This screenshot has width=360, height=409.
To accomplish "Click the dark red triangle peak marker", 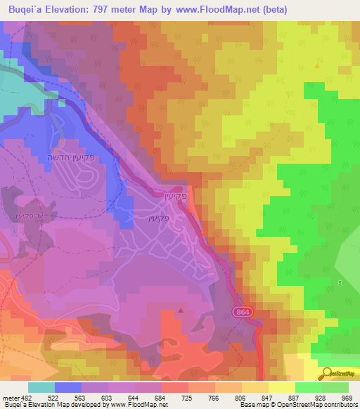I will click(181, 309).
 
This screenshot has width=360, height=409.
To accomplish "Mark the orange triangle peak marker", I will click(317, 66).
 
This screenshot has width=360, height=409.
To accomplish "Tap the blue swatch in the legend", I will click(68, 387).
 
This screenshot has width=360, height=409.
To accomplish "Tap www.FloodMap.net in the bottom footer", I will click(136, 405).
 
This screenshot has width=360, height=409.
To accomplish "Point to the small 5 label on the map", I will click(340, 283).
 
